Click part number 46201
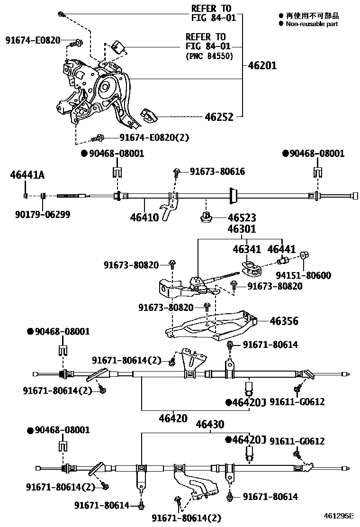click(262, 66)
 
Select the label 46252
click(219, 117)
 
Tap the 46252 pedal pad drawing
click(150, 115)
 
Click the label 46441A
click(27, 175)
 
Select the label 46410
click(144, 218)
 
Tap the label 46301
click(242, 229)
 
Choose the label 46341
click(246, 249)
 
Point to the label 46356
click(284, 321)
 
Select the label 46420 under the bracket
click(173, 418)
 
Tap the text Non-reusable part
click(311, 24)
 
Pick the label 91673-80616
click(217, 172)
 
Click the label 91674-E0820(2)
click(154, 137)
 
